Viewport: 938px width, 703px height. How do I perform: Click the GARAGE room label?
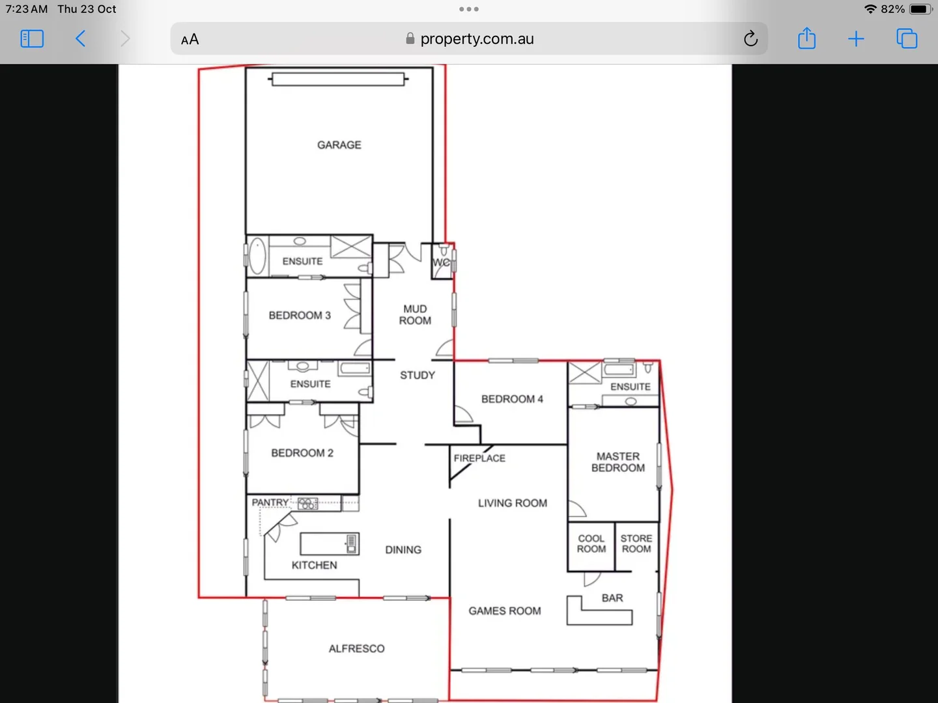click(339, 145)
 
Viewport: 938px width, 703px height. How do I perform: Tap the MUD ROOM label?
click(415, 314)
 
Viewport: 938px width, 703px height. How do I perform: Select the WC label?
click(440, 262)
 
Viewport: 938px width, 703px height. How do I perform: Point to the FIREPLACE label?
click(479, 458)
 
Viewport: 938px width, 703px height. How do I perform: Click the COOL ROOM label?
click(591, 544)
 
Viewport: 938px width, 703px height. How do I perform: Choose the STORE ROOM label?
click(636, 544)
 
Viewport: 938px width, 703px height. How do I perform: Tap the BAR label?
click(612, 598)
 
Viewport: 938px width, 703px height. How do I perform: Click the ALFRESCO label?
click(356, 648)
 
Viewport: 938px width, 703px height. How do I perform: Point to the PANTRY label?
click(270, 503)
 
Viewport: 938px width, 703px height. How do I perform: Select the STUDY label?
click(417, 375)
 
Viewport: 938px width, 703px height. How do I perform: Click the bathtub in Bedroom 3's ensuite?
click(257, 256)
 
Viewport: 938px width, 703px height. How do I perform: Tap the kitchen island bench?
click(330, 544)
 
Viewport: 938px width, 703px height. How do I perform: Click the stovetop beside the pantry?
click(307, 504)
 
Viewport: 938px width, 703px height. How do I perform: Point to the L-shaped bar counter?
click(599, 611)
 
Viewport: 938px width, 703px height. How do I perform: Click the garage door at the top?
click(338, 79)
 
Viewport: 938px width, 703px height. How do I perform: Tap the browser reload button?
click(750, 39)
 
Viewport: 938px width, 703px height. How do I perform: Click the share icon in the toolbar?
click(806, 38)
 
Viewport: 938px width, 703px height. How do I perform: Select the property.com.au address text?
click(477, 39)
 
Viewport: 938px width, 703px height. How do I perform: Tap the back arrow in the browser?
click(80, 38)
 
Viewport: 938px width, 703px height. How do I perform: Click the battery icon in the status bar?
click(920, 9)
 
